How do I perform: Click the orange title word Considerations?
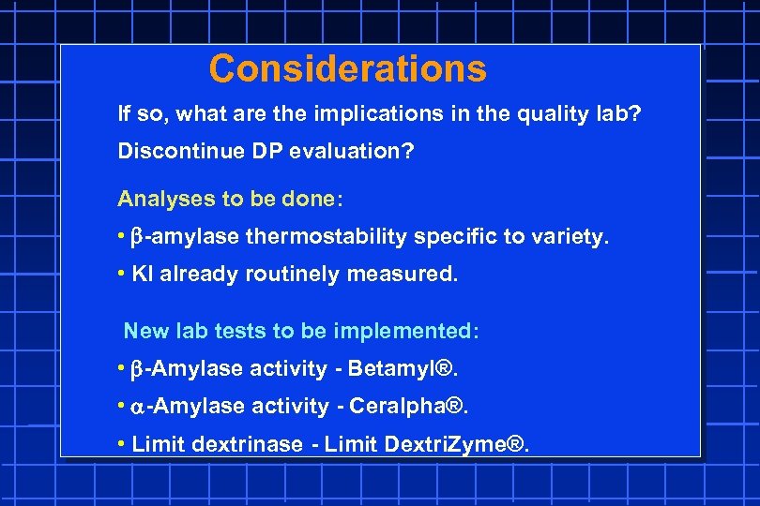348,68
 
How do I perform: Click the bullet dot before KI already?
122,275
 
